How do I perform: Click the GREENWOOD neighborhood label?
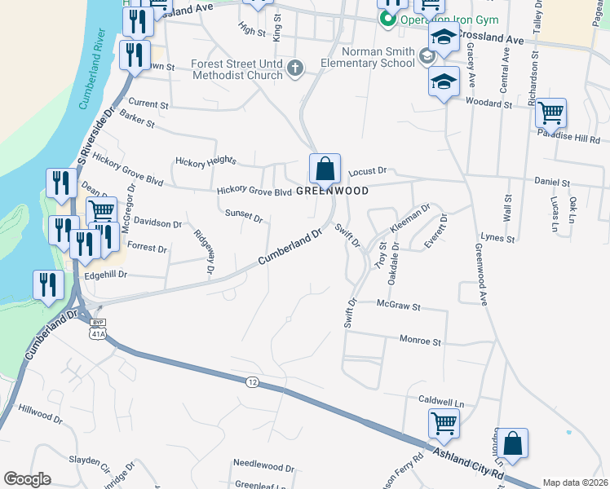pos(332,191)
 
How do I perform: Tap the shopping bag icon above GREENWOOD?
pos(325,170)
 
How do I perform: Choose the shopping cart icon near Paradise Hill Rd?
pos(551,112)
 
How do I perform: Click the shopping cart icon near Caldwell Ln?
pos(444,423)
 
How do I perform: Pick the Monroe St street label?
pos(420,341)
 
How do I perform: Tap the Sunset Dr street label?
pos(244,218)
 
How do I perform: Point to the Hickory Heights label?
pos(210,161)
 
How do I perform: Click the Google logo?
pos(27,479)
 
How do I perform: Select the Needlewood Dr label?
pos(263,468)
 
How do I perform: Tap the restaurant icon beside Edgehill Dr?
pos(47,284)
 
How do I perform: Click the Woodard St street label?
pos(488,104)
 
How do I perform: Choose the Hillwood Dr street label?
pos(40,415)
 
